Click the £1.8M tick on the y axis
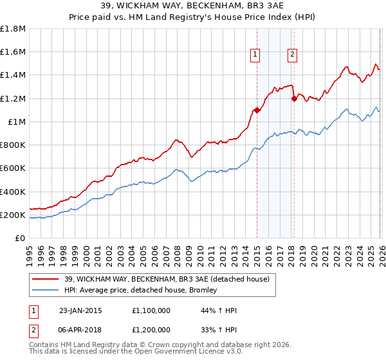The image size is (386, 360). click(x=14, y=29)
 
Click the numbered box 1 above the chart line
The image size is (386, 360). click(x=255, y=55)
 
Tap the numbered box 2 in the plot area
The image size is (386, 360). click(x=292, y=55)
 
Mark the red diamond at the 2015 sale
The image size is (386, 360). click(x=257, y=110)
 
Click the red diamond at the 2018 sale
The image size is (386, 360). click(x=294, y=98)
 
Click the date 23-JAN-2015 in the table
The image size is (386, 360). click(x=80, y=310)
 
